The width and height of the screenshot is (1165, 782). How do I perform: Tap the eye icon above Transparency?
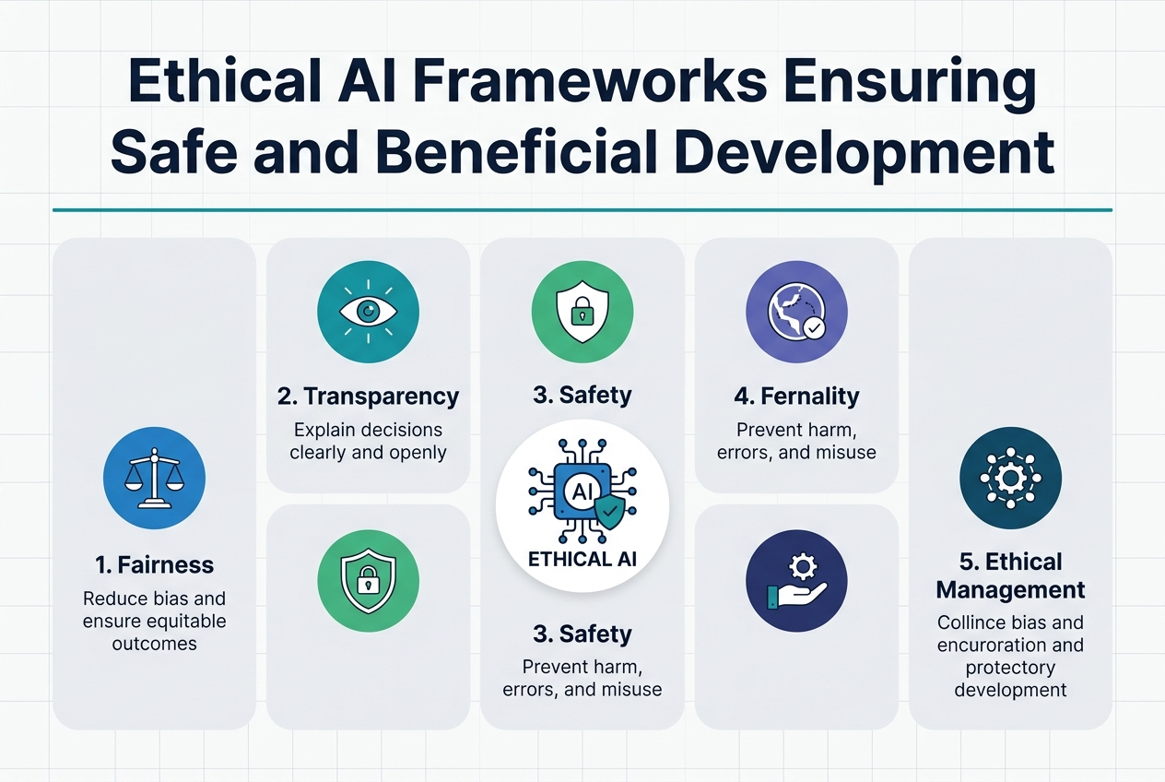(x=368, y=313)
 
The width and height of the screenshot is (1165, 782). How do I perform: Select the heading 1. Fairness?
(x=154, y=565)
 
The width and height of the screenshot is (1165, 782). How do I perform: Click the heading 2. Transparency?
(x=368, y=397)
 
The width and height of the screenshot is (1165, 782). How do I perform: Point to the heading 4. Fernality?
(x=796, y=397)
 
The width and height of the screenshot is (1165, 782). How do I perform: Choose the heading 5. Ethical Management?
(x=1010, y=575)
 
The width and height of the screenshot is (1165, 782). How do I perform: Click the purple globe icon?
(x=795, y=313)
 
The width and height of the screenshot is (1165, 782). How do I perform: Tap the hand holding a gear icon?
(x=795, y=581)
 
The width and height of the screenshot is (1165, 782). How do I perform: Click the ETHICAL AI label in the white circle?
(x=582, y=559)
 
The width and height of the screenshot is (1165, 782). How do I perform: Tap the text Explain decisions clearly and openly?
(x=368, y=441)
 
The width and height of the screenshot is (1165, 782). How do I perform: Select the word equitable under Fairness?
(x=186, y=621)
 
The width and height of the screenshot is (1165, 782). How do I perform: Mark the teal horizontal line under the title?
(x=582, y=209)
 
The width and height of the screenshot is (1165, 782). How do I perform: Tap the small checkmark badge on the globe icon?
(x=814, y=327)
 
